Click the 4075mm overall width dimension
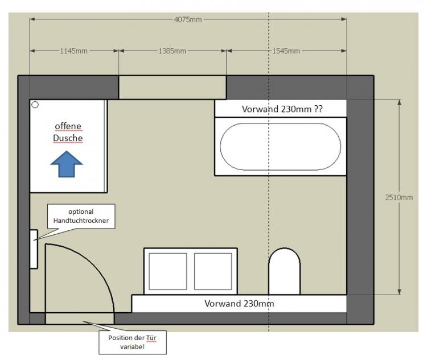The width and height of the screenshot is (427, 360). [188, 19]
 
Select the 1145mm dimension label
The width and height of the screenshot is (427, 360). [73, 51]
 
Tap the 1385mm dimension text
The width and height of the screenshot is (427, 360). [172, 51]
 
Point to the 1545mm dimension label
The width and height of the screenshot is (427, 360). [286, 51]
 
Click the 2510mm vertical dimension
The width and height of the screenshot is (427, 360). [399, 197]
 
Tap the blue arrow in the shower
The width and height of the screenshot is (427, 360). [67, 164]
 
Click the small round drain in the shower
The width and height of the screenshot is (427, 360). [35, 105]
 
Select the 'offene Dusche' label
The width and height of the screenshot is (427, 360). [68, 132]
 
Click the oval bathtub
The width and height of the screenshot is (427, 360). [281, 147]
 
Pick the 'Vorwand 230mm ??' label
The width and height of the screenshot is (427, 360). [282, 109]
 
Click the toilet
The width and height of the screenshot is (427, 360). [284, 271]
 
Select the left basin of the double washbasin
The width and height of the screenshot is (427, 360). [168, 271]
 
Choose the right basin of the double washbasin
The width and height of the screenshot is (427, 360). [213, 271]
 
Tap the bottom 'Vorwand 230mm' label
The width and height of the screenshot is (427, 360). [239, 303]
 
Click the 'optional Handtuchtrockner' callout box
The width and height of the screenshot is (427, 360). [81, 216]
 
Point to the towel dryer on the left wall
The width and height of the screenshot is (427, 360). [34, 249]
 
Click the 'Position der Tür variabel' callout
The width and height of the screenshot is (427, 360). [132, 342]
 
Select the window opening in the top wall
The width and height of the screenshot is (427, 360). [173, 88]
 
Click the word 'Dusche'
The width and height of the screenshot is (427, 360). [68, 138]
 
